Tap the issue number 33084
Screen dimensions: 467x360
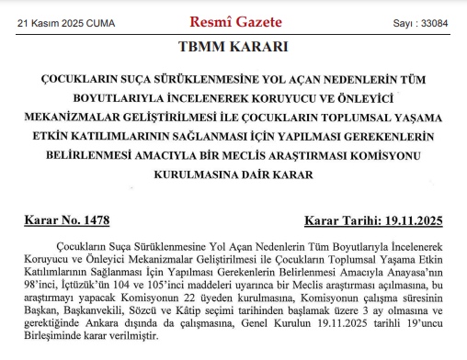pos(434,22)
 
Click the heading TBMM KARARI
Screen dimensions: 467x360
pos(233,47)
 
